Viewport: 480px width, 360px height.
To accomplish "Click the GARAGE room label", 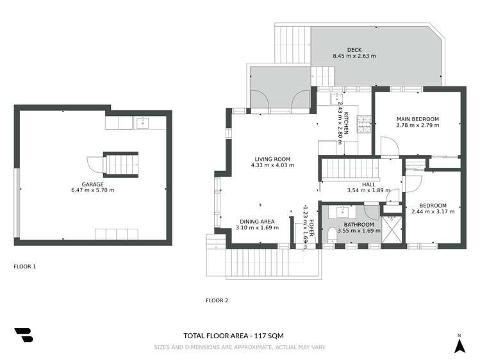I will [x=93, y=183].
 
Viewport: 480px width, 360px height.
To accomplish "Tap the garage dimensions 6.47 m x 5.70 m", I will [x=93, y=190].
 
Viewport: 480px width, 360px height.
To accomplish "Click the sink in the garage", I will [x=143, y=122].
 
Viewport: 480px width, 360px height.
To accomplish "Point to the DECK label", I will [x=354, y=49].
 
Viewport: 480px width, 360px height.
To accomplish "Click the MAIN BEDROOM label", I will [x=417, y=119].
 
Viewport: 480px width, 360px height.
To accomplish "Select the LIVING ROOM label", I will [x=272, y=159].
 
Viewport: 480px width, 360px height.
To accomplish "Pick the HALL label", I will [x=368, y=184].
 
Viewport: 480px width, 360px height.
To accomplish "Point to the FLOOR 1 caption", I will [x=24, y=265].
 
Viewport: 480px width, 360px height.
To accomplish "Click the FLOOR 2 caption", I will [x=217, y=300].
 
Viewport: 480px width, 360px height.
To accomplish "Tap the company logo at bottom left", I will [x=24, y=335].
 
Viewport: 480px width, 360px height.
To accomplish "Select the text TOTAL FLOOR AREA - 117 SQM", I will [x=233, y=336].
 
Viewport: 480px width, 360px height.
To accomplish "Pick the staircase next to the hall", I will [x=340, y=170].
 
